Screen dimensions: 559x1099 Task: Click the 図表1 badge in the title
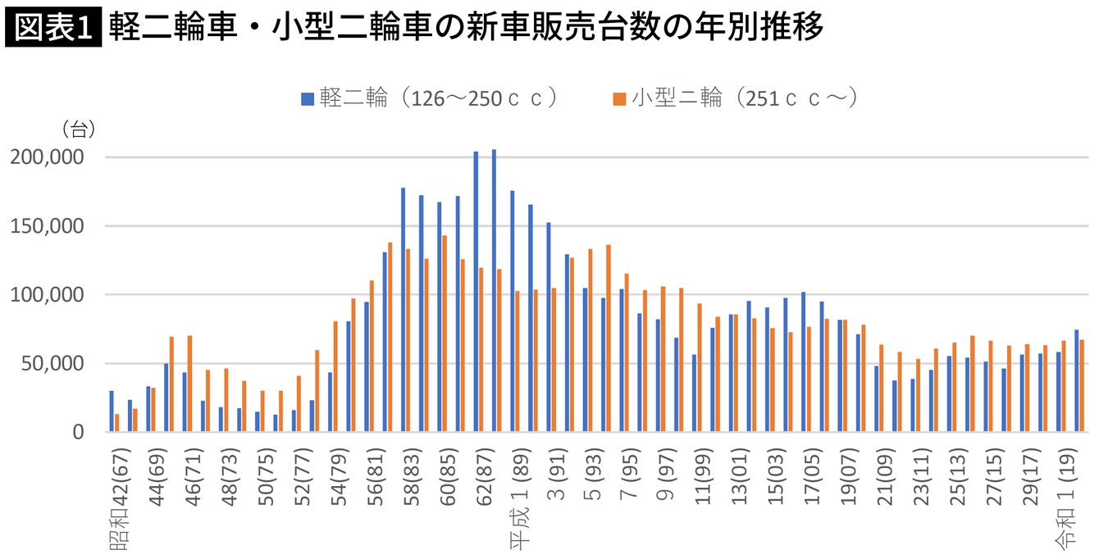(52, 28)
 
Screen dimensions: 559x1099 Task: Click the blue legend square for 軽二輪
(308, 99)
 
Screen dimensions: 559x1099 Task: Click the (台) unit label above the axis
(78, 129)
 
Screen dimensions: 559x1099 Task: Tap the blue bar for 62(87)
(476, 291)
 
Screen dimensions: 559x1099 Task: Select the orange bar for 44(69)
(153, 410)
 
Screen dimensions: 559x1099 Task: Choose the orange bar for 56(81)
(390, 336)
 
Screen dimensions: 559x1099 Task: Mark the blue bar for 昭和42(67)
(112, 411)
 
